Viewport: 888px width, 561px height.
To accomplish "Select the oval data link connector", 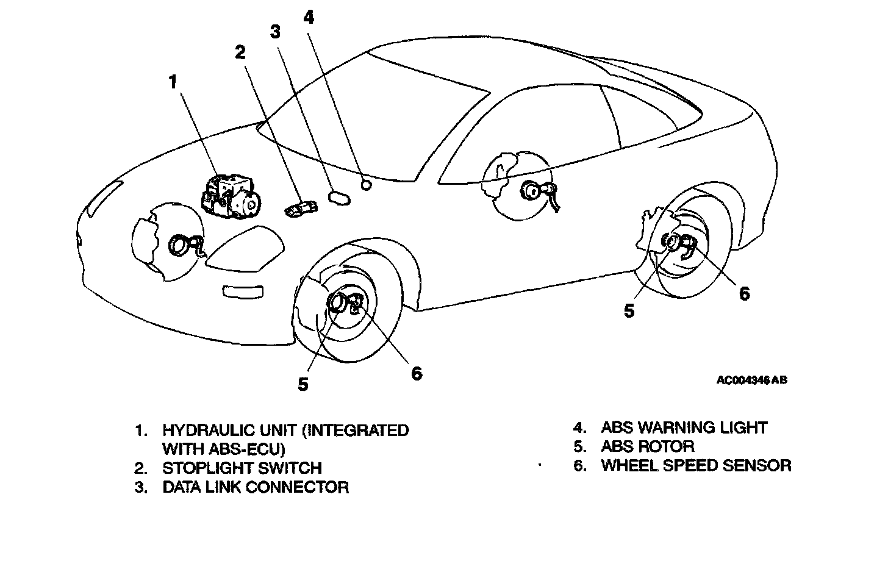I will pos(338,197).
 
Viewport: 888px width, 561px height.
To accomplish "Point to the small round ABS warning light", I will pos(367,184).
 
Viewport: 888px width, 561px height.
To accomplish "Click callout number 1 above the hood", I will pos(174,82).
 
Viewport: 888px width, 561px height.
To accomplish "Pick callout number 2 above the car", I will pos(240,52).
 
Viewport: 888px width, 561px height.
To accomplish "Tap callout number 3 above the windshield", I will pos(276,32).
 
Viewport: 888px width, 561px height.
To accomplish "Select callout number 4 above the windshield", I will pos(309,17).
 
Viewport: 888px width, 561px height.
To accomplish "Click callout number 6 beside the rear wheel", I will pos(744,293).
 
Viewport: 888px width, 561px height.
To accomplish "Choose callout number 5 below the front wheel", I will pos(303,384).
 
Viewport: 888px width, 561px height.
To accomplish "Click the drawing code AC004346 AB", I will pos(751,380).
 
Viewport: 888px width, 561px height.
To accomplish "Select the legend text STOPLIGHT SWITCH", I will pos(242,468).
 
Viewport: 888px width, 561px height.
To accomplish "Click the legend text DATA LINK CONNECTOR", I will pos(255,487).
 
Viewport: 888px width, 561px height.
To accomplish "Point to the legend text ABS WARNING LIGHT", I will pos(684,427).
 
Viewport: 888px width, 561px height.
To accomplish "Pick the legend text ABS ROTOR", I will pos(647,446).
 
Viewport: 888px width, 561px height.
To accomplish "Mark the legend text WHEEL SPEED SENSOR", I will pos(696,466).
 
